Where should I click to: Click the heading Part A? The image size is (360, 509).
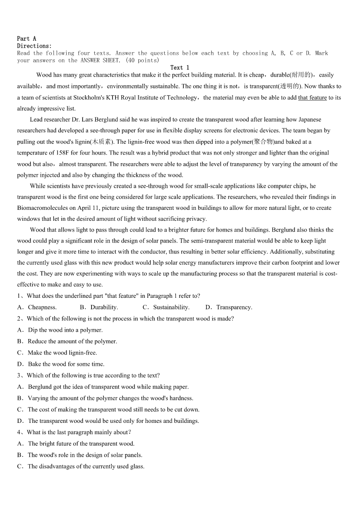[x=27, y=39]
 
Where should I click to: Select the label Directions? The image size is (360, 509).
[x=34, y=46]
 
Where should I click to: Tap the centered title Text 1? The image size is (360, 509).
[x=180, y=68]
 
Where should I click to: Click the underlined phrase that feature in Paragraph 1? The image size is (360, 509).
[x=312, y=97]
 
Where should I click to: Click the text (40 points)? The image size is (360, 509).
[x=142, y=60]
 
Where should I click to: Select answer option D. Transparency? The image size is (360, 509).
[x=229, y=307]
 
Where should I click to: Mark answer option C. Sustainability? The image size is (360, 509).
[x=166, y=307]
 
